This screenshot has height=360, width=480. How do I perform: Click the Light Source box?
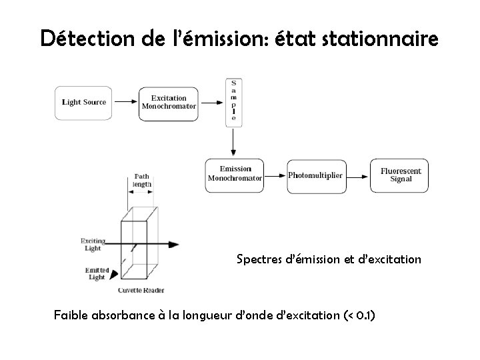pos(84,103)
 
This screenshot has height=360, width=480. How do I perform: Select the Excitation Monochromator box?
pos(169,103)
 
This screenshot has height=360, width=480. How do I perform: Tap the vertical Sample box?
pos(233,102)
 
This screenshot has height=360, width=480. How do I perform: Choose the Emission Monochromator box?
pos(234,175)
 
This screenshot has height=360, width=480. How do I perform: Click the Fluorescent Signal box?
pos(400,175)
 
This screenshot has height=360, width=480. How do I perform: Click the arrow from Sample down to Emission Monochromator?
pos(233,142)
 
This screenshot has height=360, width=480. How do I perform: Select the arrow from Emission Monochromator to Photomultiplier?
pos(275,175)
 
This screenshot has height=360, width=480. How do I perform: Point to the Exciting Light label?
pos(91,244)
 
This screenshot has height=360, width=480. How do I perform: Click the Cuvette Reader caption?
pos(141,290)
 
